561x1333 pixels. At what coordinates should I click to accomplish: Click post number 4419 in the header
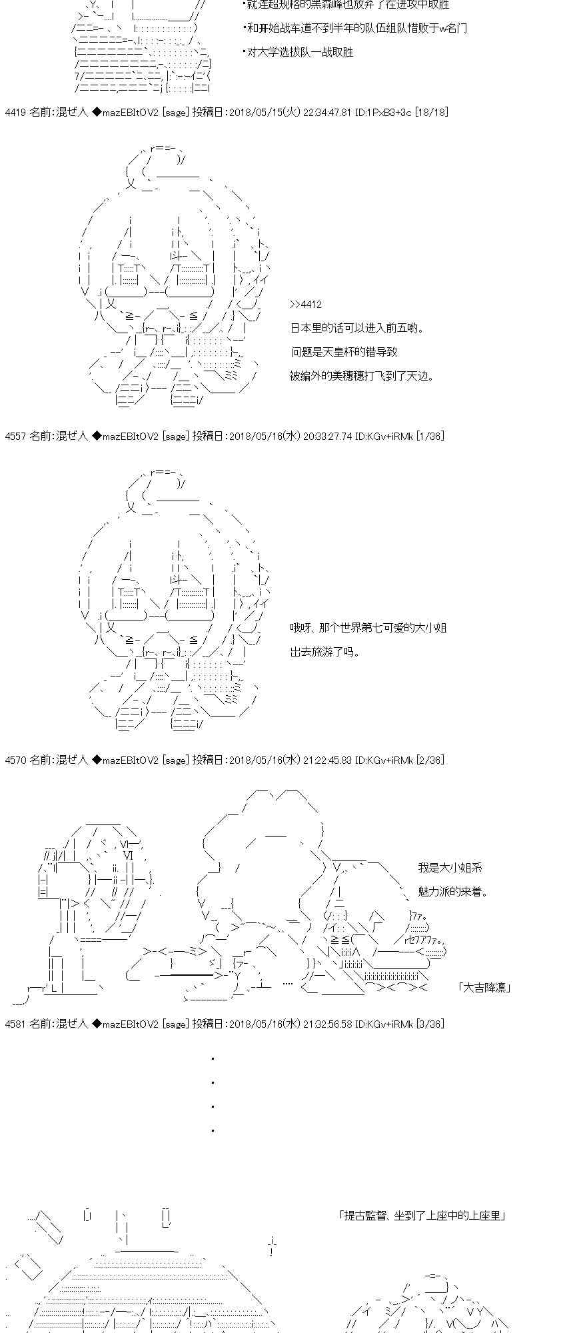[x=15, y=113]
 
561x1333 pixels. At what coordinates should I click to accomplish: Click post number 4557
[x=15, y=437]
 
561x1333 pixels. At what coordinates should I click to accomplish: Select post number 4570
[x=15, y=760]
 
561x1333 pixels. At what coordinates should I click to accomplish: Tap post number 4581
[x=15, y=1024]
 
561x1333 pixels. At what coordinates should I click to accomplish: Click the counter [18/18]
[x=431, y=113]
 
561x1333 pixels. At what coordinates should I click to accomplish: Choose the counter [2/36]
[x=430, y=760]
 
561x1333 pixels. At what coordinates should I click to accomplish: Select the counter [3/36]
[x=430, y=1024]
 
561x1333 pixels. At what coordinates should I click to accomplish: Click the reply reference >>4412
[x=306, y=305]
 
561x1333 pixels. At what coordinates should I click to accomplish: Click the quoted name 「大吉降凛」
[x=484, y=987]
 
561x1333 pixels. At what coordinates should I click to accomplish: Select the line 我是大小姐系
[x=450, y=868]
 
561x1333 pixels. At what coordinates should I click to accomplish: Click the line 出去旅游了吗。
[x=325, y=652]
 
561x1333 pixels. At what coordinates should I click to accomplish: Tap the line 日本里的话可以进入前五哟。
[x=357, y=328]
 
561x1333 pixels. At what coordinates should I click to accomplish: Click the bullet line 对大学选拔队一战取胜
[x=298, y=52]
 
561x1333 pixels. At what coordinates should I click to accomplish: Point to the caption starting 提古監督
[x=422, y=1216]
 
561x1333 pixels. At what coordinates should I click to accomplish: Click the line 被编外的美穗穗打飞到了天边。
[x=362, y=376]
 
